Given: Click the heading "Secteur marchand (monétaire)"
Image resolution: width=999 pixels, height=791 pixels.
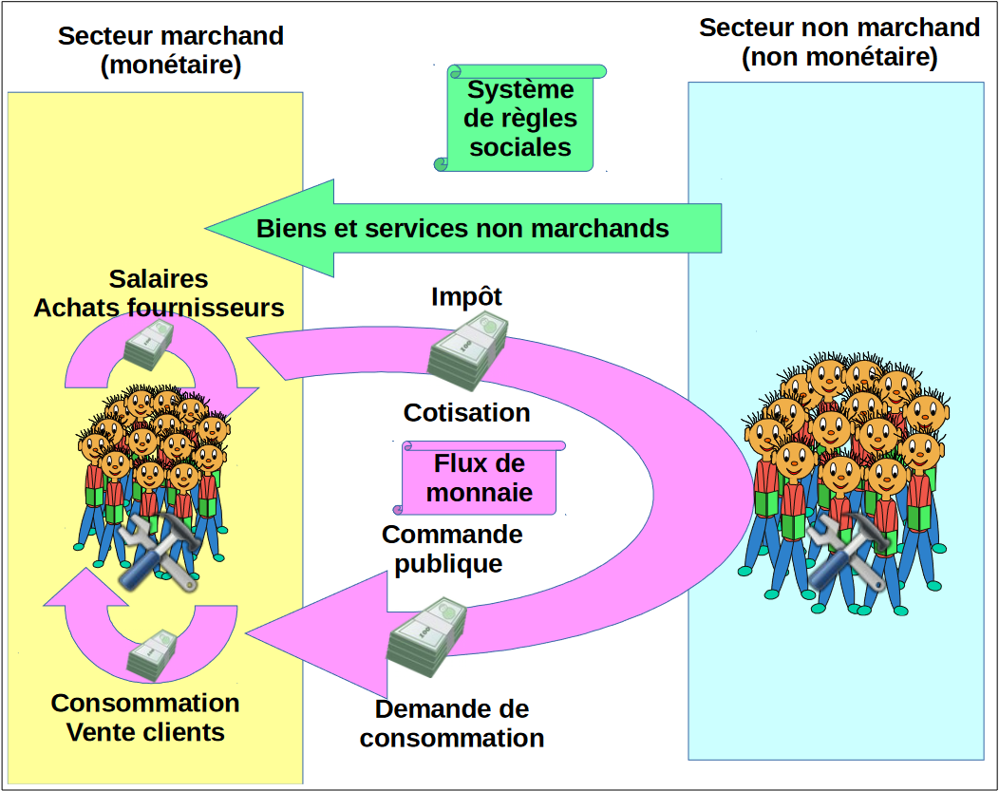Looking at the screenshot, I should (x=171, y=50).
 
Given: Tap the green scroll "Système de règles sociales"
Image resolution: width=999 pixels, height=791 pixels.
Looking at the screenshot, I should (x=521, y=119).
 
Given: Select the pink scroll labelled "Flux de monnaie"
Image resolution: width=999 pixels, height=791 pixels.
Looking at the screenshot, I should (x=480, y=479).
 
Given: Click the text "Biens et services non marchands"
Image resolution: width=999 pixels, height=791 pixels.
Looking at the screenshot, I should (x=462, y=229).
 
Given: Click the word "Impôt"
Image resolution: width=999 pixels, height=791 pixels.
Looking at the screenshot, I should (x=466, y=296).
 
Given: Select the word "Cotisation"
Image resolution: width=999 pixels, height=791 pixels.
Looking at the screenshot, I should (x=466, y=413).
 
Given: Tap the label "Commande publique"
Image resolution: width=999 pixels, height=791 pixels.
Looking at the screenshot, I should (x=452, y=549).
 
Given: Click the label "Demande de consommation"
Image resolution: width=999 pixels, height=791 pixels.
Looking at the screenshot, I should (x=452, y=724).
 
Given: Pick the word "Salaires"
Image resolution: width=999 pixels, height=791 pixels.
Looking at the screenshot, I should (x=159, y=279).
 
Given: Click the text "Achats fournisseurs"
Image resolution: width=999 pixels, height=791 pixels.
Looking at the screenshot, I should (x=159, y=308).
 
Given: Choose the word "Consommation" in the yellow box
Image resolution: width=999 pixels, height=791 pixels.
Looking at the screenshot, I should (x=145, y=704).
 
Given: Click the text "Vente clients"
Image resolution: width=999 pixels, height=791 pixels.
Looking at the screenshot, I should (x=145, y=732).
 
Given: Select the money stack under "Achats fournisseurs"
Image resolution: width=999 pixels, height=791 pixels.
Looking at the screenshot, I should (x=149, y=344).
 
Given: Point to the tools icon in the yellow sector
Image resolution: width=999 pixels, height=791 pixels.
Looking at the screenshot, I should (x=159, y=554).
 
